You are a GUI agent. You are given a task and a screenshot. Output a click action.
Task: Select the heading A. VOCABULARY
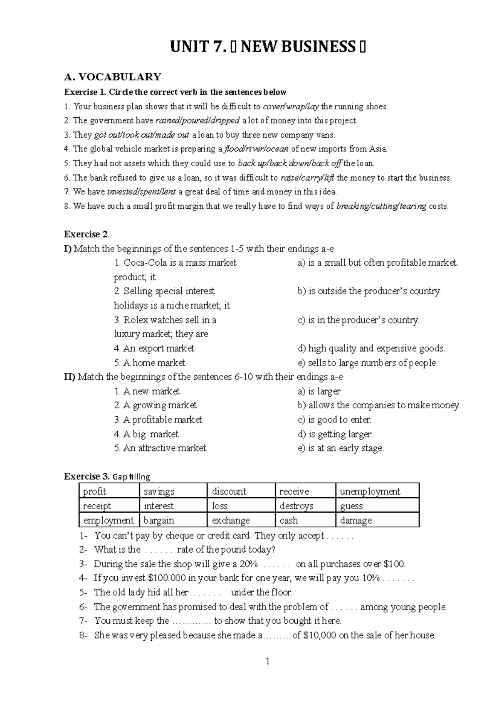click(x=112, y=77)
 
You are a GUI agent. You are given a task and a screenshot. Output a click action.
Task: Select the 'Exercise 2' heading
click(x=86, y=234)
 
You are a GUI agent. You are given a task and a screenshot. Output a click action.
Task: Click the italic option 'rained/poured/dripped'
click(x=198, y=121)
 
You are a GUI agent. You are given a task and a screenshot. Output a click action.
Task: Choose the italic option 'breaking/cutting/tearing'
click(x=381, y=206)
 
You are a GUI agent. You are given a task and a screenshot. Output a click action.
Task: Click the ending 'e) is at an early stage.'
click(x=341, y=448)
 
